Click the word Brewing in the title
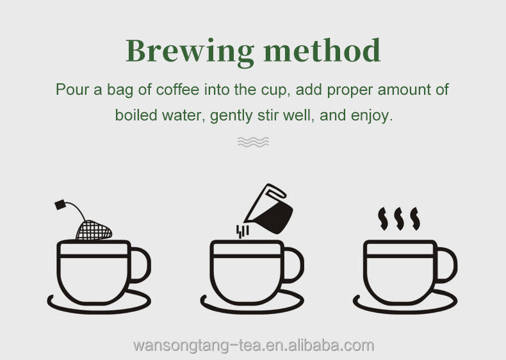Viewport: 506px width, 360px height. (190, 53)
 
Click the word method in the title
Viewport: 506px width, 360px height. (322, 50)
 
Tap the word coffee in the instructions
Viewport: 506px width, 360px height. (177, 90)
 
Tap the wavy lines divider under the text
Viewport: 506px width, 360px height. (253, 142)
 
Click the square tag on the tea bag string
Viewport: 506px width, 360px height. (60, 205)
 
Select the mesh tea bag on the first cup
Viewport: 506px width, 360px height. (94, 230)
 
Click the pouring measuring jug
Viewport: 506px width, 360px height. (269, 209)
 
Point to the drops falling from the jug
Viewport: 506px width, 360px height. (242, 231)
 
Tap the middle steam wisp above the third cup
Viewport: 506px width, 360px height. (399, 218)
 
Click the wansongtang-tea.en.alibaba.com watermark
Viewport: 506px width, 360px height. (254, 345)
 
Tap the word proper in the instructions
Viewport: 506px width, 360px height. (350, 90)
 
